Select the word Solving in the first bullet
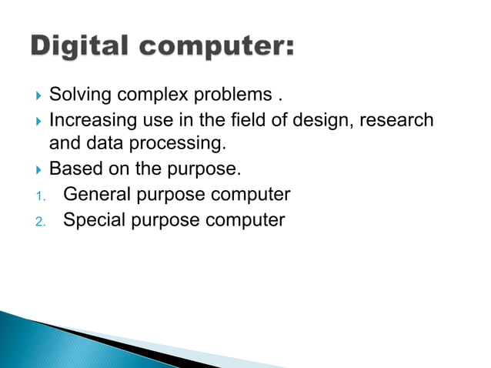click(x=81, y=95)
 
